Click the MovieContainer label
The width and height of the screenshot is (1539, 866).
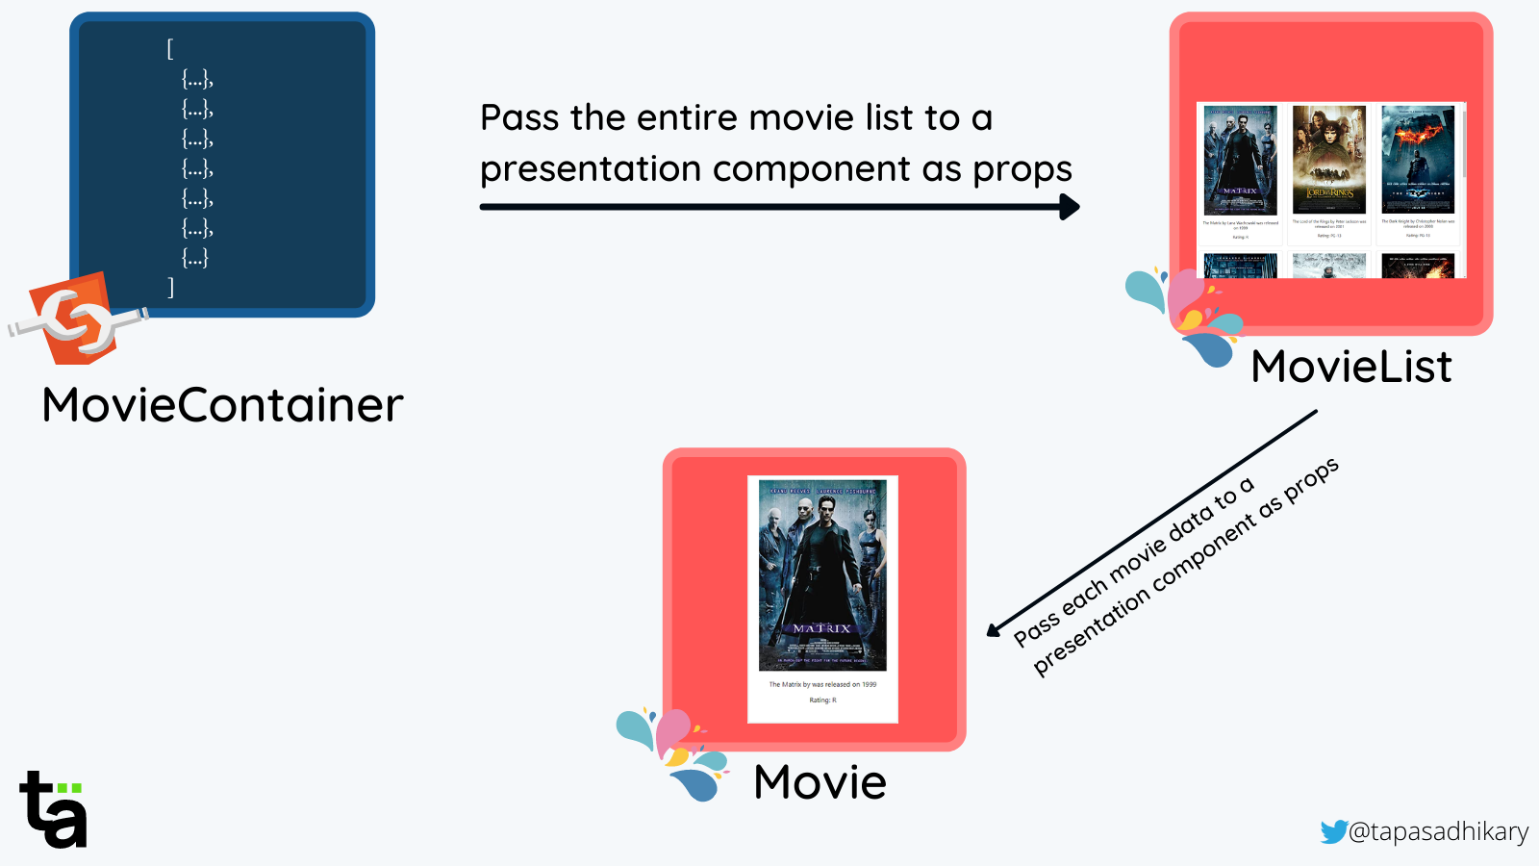click(x=222, y=405)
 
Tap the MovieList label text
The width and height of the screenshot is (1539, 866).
click(x=1350, y=367)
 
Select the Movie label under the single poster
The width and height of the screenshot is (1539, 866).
click(x=820, y=782)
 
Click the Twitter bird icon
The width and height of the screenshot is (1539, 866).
click(x=1333, y=831)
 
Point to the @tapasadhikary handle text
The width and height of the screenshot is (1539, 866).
click(x=1438, y=831)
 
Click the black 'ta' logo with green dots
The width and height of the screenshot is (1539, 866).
click(x=53, y=810)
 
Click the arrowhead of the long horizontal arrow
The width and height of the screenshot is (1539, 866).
click(x=1070, y=207)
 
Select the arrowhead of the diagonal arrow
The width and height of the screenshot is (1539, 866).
click(x=994, y=630)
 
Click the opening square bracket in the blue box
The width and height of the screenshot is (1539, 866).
click(x=170, y=48)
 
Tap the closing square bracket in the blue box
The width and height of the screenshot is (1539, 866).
click(x=170, y=287)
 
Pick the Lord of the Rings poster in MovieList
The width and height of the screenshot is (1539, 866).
click(x=1328, y=160)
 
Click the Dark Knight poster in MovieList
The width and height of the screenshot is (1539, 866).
click(x=1418, y=160)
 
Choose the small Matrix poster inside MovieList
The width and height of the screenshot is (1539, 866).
click(x=1240, y=160)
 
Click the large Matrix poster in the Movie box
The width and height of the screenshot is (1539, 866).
click(x=822, y=575)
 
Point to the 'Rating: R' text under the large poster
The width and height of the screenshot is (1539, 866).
click(x=822, y=700)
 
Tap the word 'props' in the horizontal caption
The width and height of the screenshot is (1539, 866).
click(x=1022, y=169)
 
